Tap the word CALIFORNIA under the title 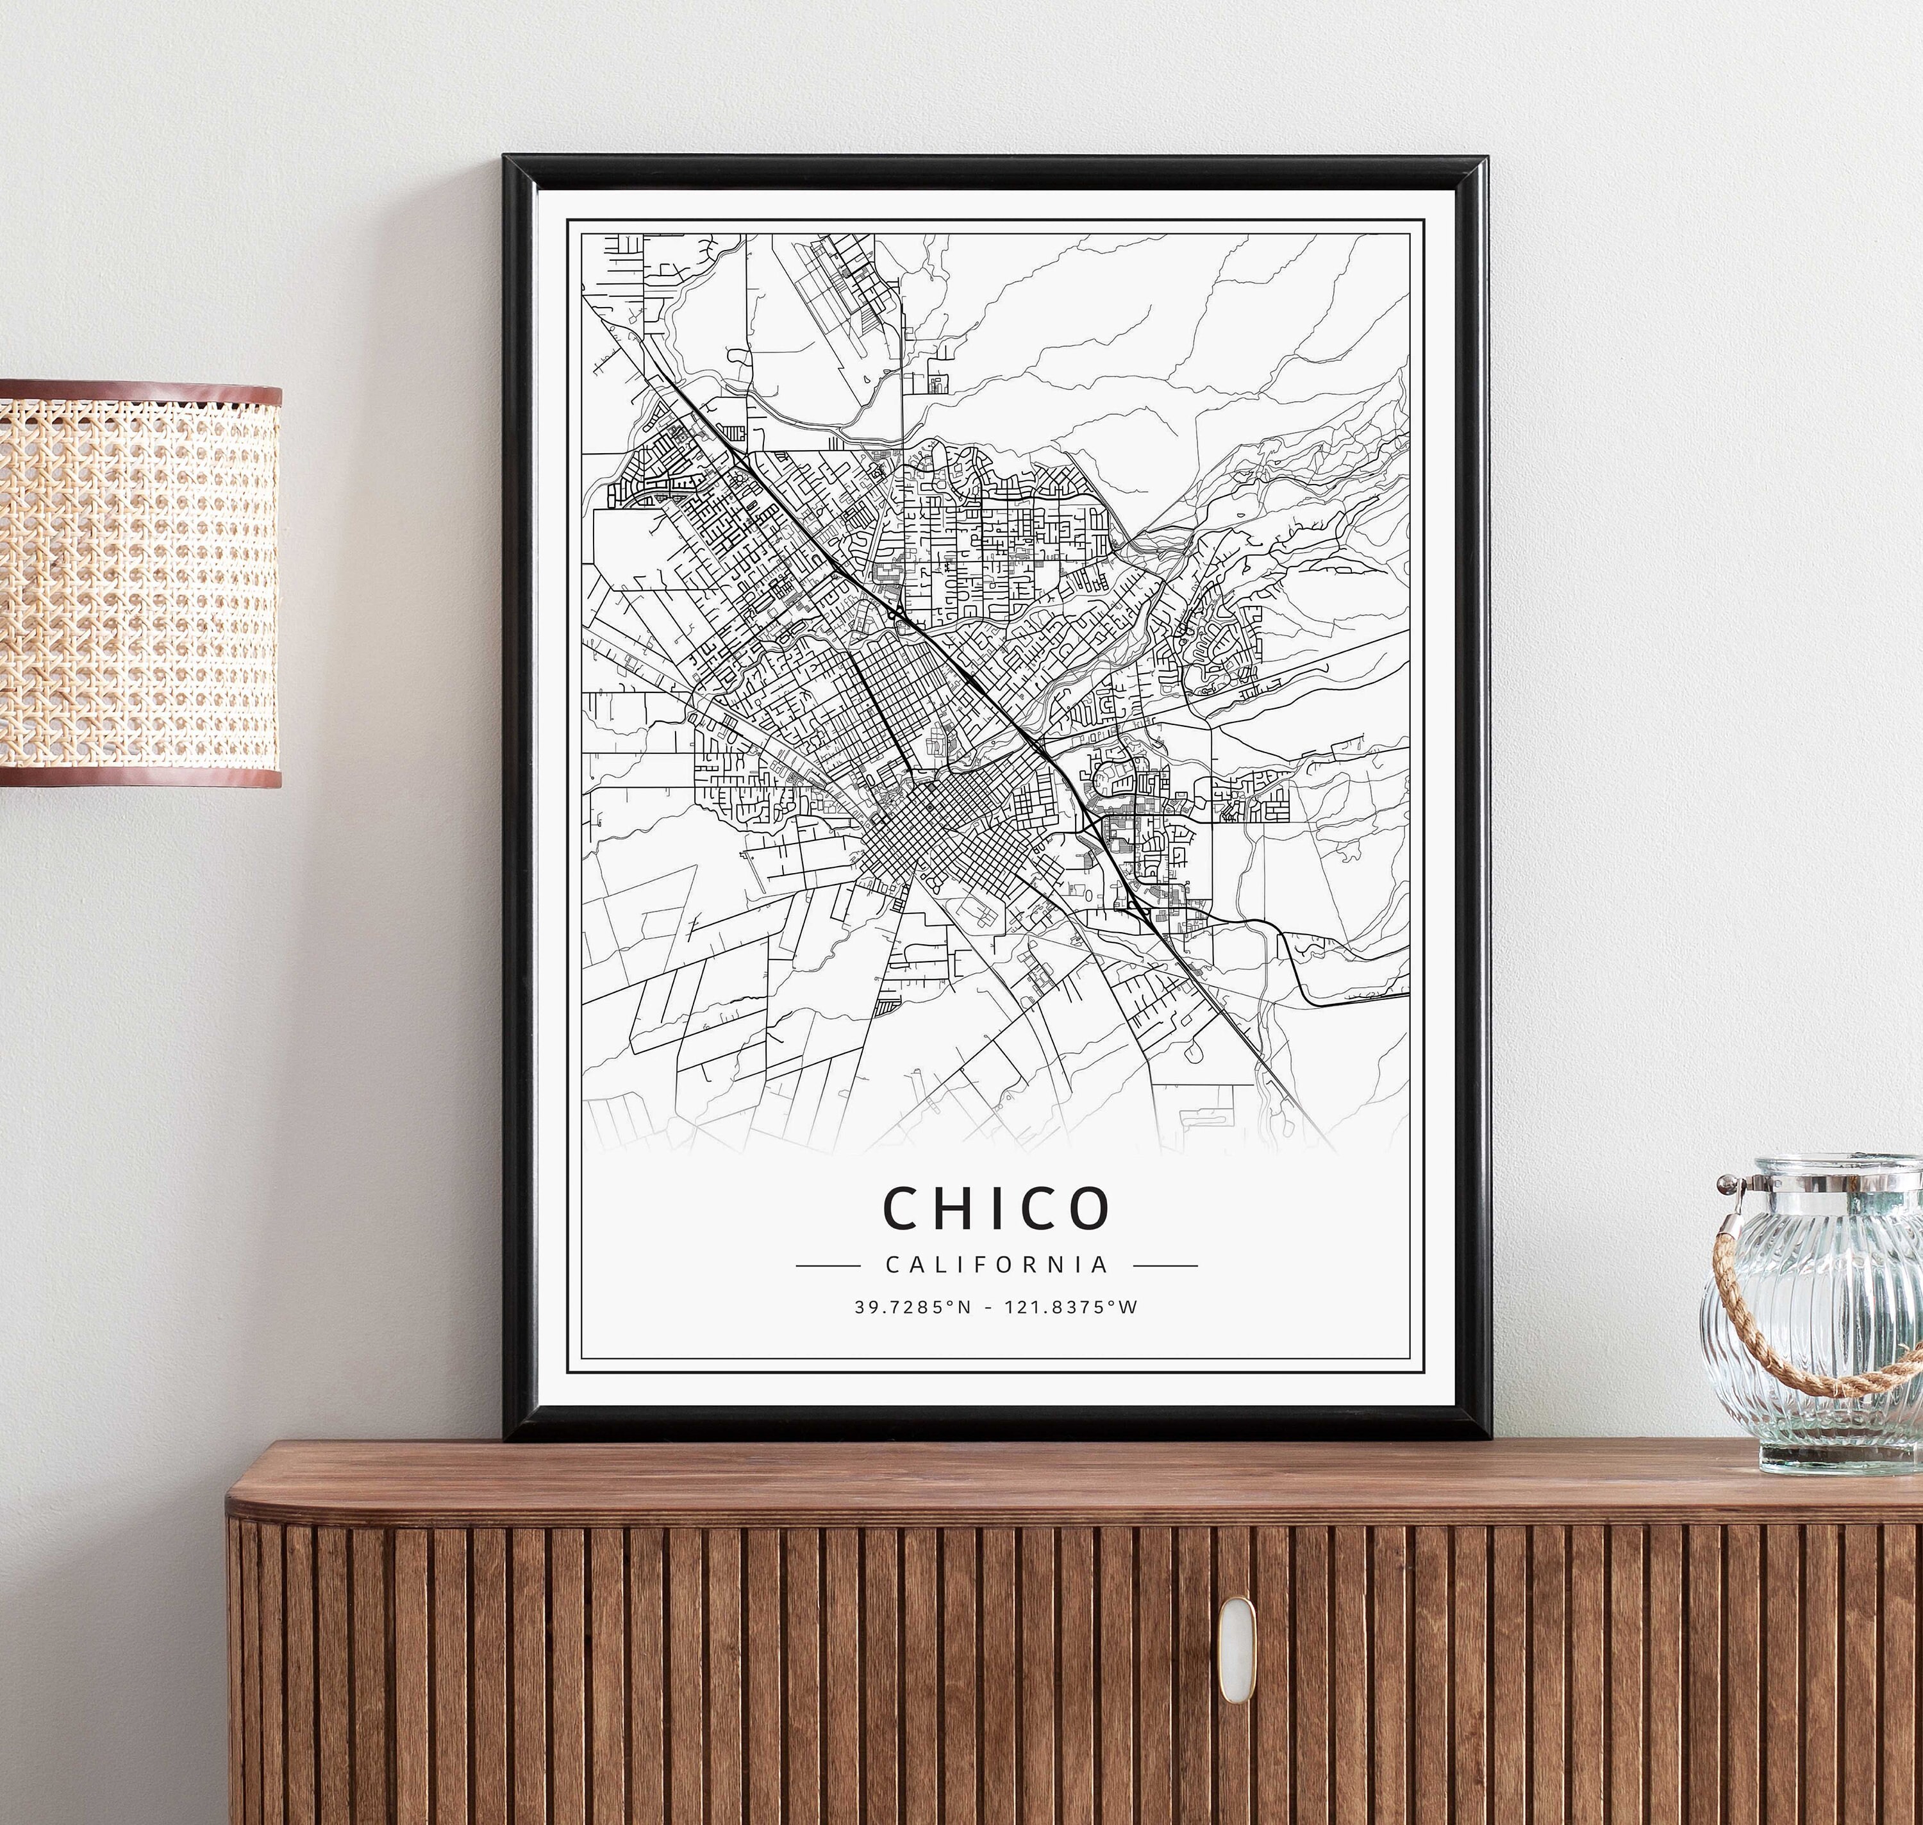click(x=997, y=1265)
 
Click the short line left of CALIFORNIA click(x=828, y=1265)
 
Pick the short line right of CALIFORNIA click(x=1165, y=1265)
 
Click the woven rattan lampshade click(x=136, y=584)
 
